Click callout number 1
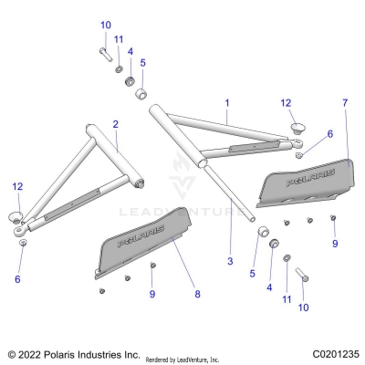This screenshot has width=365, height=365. pyautogui.click(x=227, y=103)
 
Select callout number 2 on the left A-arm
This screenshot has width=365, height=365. pyautogui.click(x=115, y=123)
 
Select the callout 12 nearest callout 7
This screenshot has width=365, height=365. pyautogui.click(x=286, y=103)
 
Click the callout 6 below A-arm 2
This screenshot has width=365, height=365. pyautogui.click(x=16, y=279)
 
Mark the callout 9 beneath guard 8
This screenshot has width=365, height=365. pyautogui.click(x=153, y=294)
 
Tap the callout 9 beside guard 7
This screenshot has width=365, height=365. pyautogui.click(x=335, y=244)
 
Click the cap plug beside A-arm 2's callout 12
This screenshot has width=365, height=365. pyautogui.click(x=17, y=215)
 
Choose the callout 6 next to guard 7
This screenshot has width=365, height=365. pyautogui.click(x=330, y=133)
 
